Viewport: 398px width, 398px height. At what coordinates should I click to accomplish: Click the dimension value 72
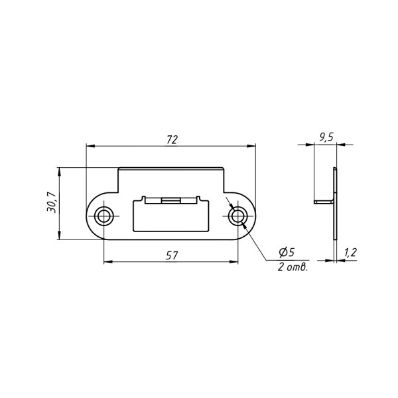(172, 140)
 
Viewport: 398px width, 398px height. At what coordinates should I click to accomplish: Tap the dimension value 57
(172, 255)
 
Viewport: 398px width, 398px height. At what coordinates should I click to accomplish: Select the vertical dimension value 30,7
(51, 202)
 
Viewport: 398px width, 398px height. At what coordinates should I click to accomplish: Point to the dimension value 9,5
(326, 137)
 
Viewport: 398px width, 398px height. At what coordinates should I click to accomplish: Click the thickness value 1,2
(350, 253)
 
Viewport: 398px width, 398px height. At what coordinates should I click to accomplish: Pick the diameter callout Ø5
(287, 252)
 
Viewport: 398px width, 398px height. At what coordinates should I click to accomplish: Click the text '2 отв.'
(293, 267)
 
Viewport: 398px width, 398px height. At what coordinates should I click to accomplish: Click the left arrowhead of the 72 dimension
(90, 146)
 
